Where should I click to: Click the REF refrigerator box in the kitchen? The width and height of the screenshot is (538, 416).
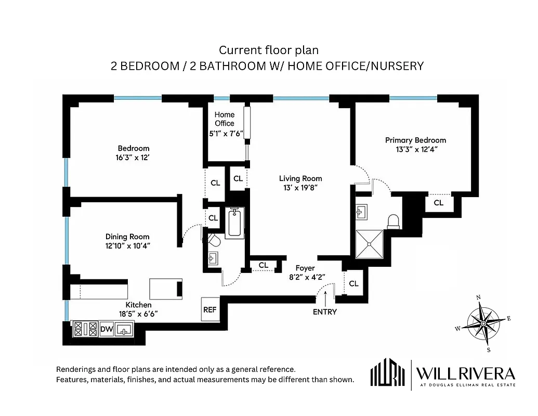[x=209, y=309]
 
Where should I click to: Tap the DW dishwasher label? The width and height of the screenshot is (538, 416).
[x=106, y=329]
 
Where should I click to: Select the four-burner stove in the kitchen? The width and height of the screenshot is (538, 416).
[x=86, y=329]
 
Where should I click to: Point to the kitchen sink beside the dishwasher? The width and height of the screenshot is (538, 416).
[x=124, y=329]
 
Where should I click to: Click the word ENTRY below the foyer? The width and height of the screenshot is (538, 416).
[x=325, y=312]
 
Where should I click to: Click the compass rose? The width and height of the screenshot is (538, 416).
[x=483, y=323]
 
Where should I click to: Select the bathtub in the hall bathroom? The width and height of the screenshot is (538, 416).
[x=234, y=223]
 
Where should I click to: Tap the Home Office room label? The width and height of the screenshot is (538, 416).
[x=225, y=119]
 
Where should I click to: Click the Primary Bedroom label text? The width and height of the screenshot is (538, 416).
[x=415, y=140]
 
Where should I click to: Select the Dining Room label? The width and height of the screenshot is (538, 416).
[x=127, y=237]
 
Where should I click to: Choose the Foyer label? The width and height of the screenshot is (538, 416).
[x=306, y=268]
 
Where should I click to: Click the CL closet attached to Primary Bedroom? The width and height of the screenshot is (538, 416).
[x=439, y=203]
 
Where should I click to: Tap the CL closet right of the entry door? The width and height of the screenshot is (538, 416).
[x=354, y=283]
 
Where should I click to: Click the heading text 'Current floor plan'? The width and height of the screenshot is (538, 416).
[x=268, y=50]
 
